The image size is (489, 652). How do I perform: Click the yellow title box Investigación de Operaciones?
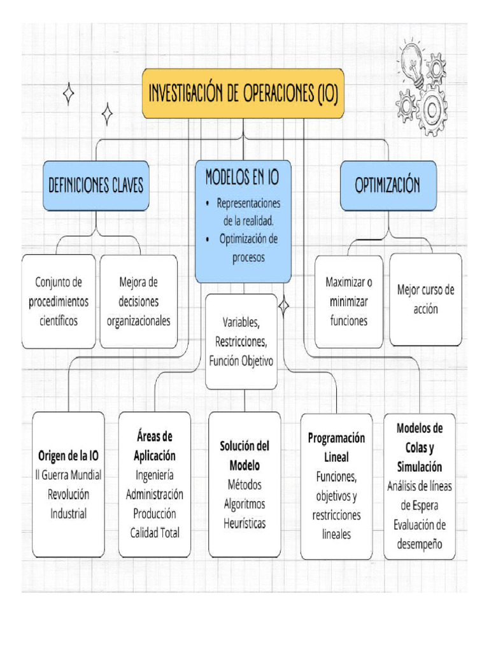[x=243, y=94]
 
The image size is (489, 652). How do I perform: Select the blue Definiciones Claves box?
[x=96, y=185]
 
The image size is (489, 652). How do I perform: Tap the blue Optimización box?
[x=387, y=185]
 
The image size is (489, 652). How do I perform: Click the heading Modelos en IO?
[x=242, y=178]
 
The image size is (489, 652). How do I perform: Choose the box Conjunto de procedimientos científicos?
[x=59, y=301]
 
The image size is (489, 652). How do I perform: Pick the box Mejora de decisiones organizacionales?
[x=138, y=301]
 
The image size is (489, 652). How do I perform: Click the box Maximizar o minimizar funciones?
[x=348, y=301]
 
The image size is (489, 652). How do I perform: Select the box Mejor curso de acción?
[x=425, y=299]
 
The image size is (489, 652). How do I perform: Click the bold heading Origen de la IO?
[x=68, y=456]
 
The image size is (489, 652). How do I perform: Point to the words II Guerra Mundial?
[x=68, y=475]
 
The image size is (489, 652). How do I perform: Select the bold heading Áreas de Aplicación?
[x=154, y=446]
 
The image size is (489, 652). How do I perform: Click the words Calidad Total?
[x=155, y=533]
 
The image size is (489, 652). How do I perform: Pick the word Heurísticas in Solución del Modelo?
[x=244, y=523]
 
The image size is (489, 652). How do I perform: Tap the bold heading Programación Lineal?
[x=336, y=448]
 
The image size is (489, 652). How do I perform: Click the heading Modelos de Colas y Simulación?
[x=419, y=447]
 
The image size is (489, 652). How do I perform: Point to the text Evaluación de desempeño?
[x=419, y=535]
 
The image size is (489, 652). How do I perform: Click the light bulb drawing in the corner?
[x=413, y=64]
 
